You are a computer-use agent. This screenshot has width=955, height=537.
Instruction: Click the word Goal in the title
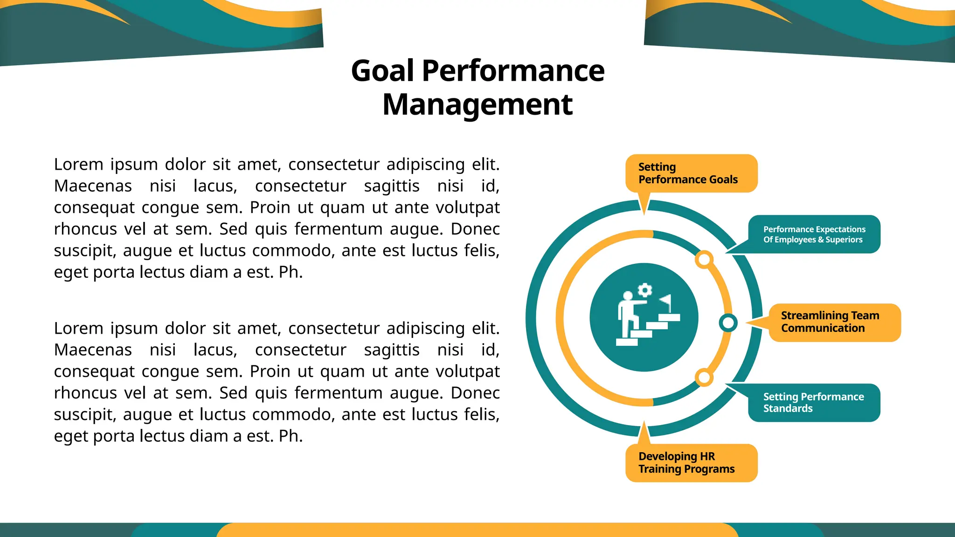(x=382, y=71)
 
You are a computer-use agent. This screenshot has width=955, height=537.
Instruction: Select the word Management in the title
(x=477, y=104)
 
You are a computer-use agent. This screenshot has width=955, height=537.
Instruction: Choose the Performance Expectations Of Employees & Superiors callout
(x=814, y=234)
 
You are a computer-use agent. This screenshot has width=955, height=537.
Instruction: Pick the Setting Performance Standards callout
(x=814, y=402)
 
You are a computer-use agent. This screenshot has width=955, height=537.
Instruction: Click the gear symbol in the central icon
(x=645, y=290)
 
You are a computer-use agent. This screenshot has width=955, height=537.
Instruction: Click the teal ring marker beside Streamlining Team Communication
(x=728, y=323)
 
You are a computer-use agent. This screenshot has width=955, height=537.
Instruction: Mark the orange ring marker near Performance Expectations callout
(x=704, y=260)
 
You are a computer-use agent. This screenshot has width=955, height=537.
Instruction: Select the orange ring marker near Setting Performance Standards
(x=704, y=378)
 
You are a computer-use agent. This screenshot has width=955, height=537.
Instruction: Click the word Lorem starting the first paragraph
(x=78, y=165)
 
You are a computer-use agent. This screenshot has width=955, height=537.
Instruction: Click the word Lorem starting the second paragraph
(x=78, y=329)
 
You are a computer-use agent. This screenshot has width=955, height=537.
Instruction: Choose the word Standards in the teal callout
(x=788, y=408)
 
